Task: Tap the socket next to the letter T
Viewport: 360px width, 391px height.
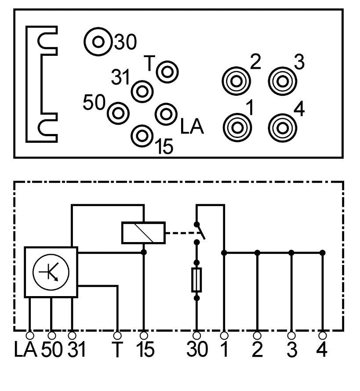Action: (167, 72)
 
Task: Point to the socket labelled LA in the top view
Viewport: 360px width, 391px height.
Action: (166, 113)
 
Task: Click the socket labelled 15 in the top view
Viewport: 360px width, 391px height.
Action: (142, 135)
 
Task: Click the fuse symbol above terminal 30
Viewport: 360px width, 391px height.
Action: (197, 279)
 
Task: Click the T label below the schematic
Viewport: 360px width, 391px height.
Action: (117, 350)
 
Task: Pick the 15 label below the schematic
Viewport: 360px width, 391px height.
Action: (144, 350)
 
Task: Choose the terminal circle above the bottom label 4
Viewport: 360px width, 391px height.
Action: (323, 335)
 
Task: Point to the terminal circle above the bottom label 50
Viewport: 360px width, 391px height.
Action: (51, 335)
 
